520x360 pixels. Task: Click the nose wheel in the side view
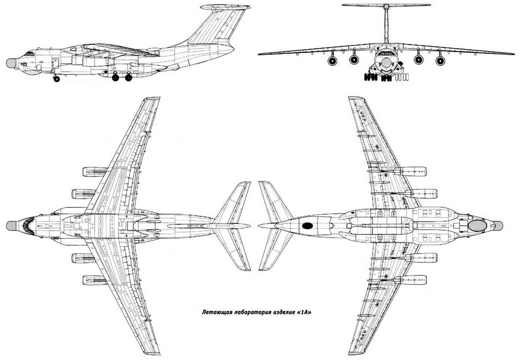56,79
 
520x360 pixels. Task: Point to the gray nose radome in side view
11,63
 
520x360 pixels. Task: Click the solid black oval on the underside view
307,226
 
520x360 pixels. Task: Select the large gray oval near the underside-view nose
477,226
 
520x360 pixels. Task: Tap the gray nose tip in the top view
11,226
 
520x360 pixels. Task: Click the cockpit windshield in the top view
28,226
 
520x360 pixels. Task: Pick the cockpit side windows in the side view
29,54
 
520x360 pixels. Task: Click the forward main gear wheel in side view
115,77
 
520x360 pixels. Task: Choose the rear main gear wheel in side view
128,77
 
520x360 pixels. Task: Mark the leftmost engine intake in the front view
332,61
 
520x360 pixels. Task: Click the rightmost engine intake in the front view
440,61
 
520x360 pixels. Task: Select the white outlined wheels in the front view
402,77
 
